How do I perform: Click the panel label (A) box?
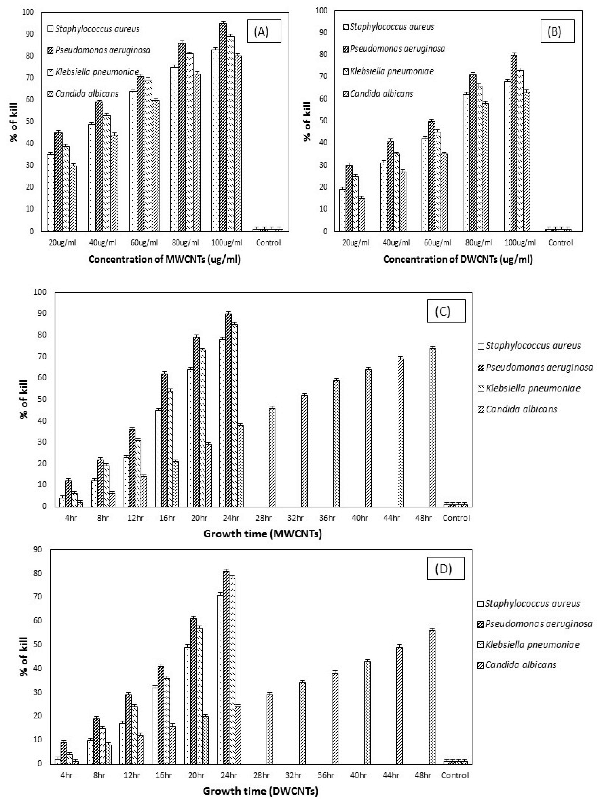pos(261,32)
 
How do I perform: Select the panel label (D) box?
pos(445,568)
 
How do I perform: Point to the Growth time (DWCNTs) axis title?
pos(260,791)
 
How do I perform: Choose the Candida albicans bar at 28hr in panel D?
pos(269,730)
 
